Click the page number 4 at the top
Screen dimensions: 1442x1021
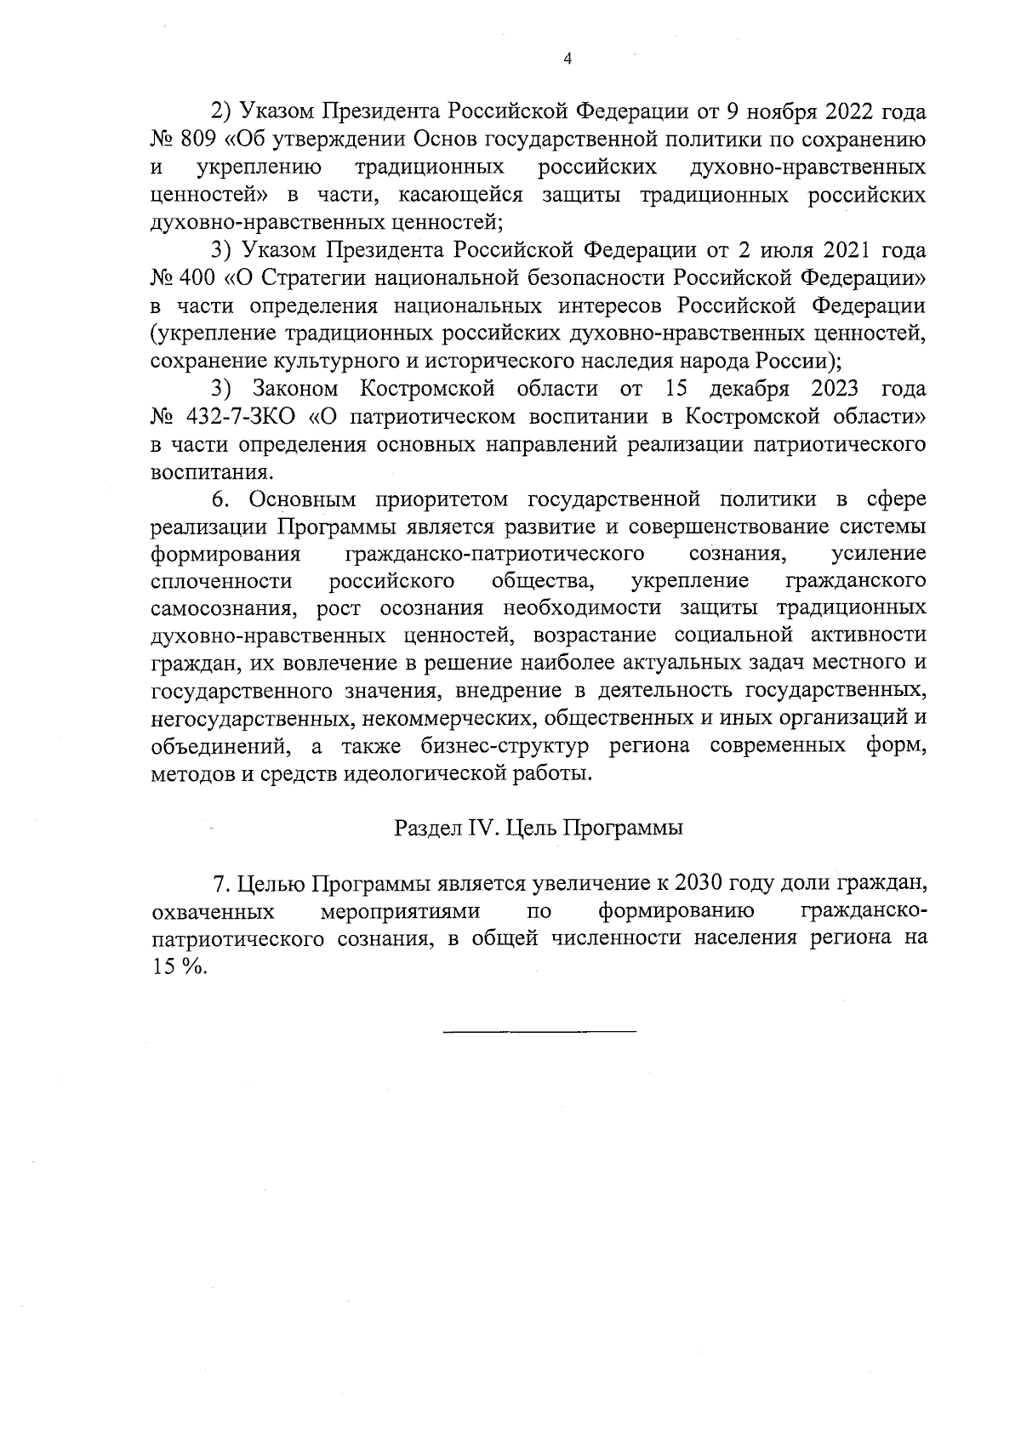568,59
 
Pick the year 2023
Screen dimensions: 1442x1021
825,389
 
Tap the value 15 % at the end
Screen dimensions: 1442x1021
180,968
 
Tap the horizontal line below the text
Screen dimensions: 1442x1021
539,1032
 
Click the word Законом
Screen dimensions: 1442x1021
294,389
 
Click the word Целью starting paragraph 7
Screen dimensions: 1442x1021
271,884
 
